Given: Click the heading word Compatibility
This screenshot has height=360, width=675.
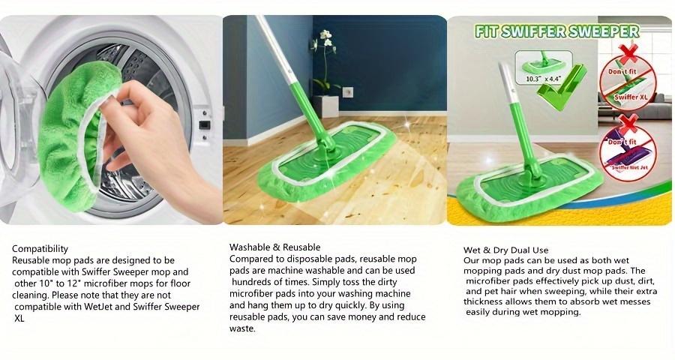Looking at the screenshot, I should pos(40,248).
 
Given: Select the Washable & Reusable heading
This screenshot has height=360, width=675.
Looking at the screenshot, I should pos(274,247).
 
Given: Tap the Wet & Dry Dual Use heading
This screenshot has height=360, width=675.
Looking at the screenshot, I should pos(506,249).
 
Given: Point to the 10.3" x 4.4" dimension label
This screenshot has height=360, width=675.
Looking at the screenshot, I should pos(543,77).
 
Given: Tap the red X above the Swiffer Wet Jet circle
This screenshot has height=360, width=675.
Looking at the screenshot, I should pos(628,123).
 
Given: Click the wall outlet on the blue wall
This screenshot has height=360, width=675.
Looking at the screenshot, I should pos(348,93).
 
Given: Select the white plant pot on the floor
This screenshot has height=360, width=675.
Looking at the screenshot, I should pos(327,105).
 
